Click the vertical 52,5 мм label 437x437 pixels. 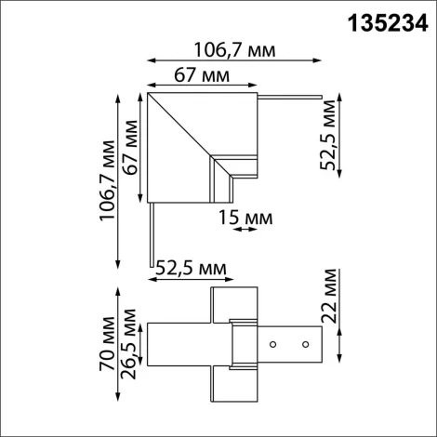pos(329,138)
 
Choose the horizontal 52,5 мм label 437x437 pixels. pos(191,269)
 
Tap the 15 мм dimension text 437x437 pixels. pos(246,218)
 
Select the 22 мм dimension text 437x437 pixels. pos(329,296)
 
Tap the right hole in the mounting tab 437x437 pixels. pos(304,344)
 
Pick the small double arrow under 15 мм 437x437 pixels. pos(239,230)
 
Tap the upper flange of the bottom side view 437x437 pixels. pos(234,302)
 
